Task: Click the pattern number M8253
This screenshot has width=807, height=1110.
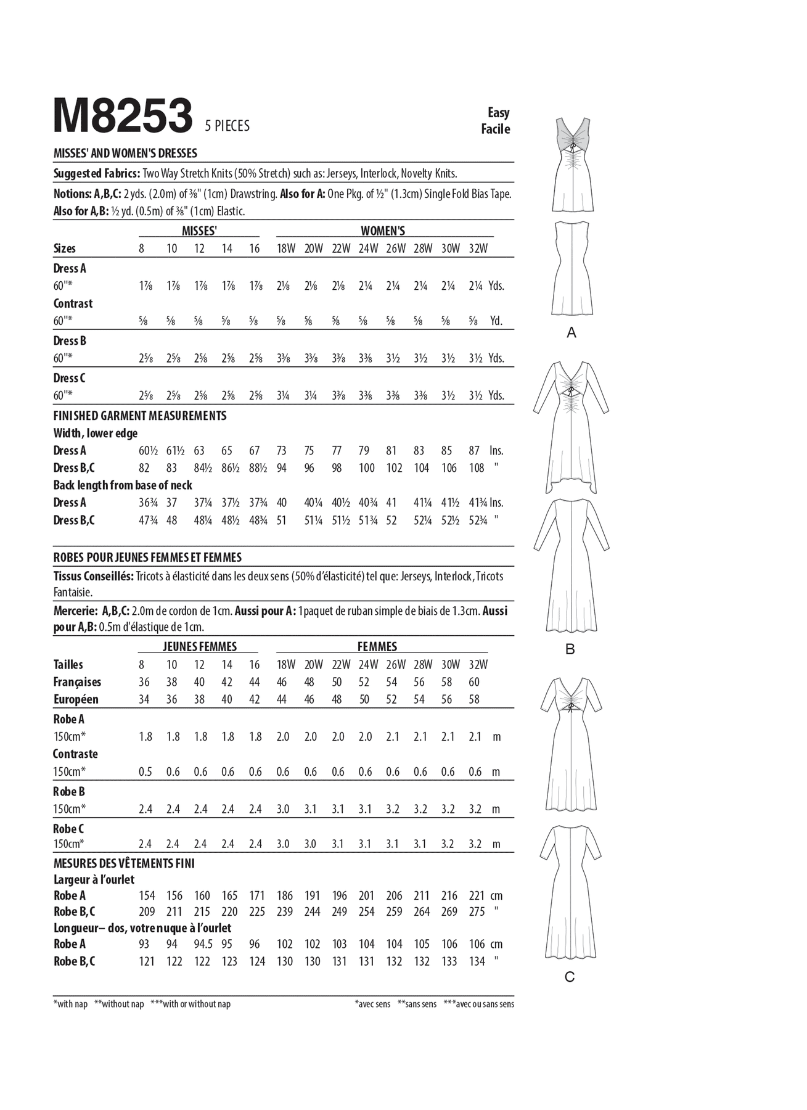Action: (123, 116)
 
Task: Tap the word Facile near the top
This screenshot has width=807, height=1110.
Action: (496, 129)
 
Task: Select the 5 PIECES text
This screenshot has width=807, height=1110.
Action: (227, 126)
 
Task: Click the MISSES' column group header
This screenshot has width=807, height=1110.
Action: (199, 231)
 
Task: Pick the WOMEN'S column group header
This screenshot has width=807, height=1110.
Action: (383, 231)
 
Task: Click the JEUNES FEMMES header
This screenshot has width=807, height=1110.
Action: (199, 647)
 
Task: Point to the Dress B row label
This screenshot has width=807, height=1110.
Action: (70, 341)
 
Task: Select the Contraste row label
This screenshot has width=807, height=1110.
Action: (75, 754)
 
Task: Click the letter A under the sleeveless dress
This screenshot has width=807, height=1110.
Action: (571, 333)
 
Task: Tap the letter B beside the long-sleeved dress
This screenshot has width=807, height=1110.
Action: (570, 649)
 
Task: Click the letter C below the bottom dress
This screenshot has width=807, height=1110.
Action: (570, 977)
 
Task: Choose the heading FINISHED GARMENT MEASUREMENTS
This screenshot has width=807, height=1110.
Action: (140, 416)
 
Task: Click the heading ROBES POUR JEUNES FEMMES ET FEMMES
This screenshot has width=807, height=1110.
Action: (147, 557)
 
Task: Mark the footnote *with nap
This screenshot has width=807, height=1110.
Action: (70, 1004)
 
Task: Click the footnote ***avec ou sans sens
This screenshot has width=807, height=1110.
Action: (478, 1004)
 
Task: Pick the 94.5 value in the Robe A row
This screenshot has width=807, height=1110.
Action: (202, 944)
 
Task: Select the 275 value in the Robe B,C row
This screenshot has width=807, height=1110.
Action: (477, 911)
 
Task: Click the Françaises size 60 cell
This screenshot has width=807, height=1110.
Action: (474, 682)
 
